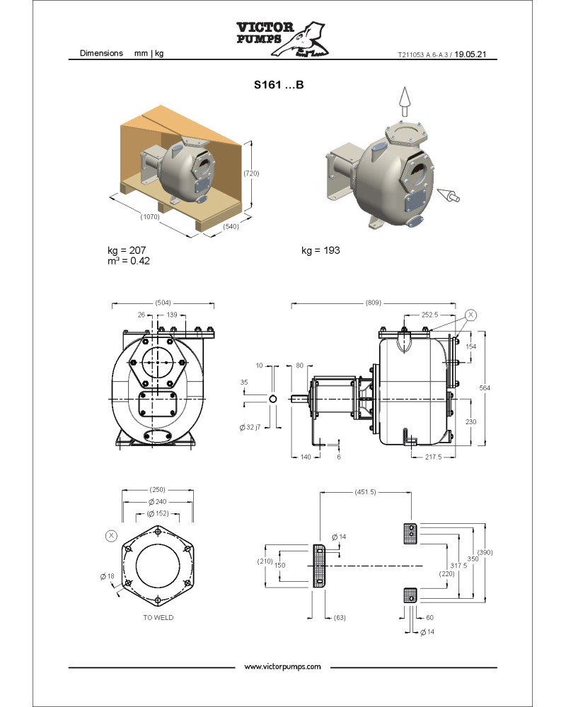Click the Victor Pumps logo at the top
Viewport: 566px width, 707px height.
pos(282,38)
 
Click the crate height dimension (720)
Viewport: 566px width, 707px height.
pos(250,173)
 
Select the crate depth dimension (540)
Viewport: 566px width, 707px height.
pos(231,227)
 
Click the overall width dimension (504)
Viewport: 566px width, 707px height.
pos(163,303)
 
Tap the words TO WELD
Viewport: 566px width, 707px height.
pos(158,617)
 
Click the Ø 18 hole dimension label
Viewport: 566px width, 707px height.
pos(107,576)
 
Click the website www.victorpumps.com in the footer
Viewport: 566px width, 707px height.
pos(282,667)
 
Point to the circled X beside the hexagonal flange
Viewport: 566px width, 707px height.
pos(111,536)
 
